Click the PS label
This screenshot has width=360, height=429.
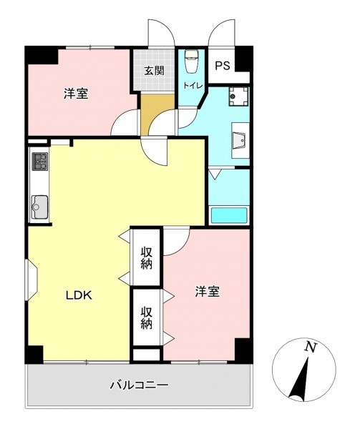[x=223, y=66]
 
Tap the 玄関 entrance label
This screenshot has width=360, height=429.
[x=154, y=71]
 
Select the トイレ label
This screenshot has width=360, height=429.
[x=193, y=86]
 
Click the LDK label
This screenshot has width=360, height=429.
[x=79, y=295]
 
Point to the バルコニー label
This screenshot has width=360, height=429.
[x=139, y=385]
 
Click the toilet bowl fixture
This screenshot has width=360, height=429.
[x=192, y=61]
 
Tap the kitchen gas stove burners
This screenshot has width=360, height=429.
[x=40, y=162]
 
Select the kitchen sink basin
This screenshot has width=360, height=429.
[x=39, y=207]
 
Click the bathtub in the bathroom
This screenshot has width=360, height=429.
[x=229, y=215]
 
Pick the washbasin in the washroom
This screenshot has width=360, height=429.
[x=240, y=141]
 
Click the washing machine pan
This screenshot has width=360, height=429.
[x=239, y=97]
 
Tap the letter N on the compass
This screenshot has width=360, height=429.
[x=311, y=347]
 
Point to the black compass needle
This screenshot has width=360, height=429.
[x=300, y=379]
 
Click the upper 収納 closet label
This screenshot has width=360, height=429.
[x=147, y=257]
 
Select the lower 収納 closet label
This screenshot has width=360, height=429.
[x=147, y=317]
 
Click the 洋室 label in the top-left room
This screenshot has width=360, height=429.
[x=76, y=94]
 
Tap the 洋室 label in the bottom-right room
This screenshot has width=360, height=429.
[x=208, y=292]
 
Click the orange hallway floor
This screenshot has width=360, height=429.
[x=157, y=114]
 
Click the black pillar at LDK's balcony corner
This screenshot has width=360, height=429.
[x=34, y=355]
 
